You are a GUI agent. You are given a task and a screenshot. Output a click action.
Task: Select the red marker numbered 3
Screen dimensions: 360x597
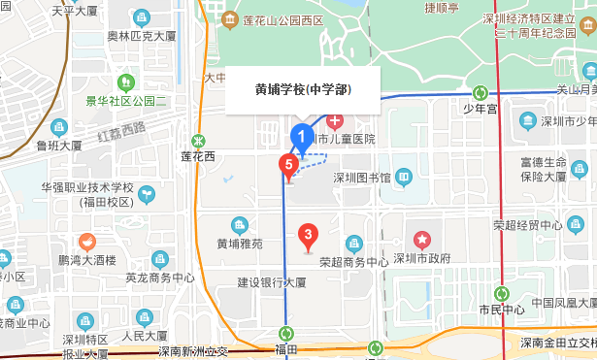point(308,234)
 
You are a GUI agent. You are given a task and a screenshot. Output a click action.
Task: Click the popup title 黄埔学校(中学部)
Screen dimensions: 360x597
point(303,90)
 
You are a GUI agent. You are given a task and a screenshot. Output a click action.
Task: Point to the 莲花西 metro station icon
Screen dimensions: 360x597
point(199,140)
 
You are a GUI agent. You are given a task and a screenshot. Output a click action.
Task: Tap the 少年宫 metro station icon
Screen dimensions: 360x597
point(480,93)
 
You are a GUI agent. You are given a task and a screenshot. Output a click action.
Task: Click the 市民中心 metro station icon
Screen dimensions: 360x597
point(502,293)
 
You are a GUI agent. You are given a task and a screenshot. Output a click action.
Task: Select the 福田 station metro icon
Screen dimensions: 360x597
point(285,333)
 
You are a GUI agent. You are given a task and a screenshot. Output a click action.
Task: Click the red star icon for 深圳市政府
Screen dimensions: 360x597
point(422,239)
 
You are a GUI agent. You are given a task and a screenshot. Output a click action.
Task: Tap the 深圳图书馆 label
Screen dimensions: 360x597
point(361,178)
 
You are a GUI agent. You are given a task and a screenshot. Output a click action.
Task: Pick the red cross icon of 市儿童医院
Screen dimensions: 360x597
point(334,121)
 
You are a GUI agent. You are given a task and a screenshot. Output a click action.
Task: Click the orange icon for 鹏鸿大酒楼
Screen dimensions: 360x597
point(87,241)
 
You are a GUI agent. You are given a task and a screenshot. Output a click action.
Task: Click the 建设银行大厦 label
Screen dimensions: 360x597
point(272,282)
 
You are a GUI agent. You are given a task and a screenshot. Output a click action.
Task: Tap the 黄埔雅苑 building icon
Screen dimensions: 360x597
point(240,225)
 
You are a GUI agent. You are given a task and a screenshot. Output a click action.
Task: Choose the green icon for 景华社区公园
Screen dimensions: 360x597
point(123,82)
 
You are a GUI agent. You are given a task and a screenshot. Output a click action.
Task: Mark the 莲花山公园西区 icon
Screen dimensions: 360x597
point(230,19)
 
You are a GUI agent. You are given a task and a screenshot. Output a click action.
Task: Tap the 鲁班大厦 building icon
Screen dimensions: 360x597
point(58,126)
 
